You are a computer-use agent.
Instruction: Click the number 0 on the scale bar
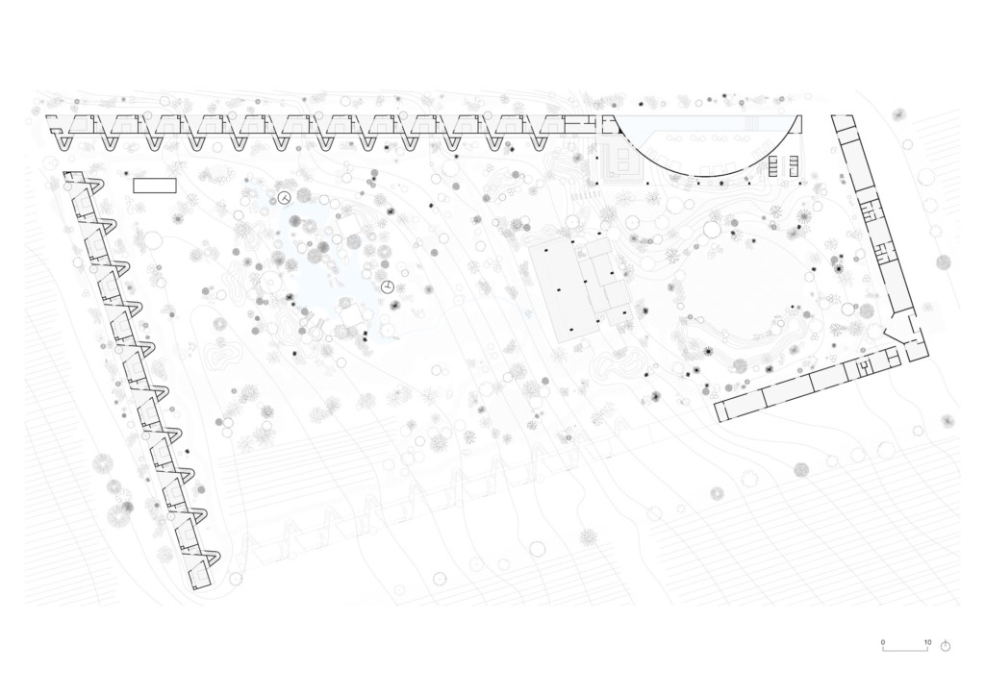(883, 642)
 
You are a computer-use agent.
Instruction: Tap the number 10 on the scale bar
(927, 642)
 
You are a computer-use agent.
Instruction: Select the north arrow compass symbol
(946, 645)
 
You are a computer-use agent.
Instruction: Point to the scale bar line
(905, 649)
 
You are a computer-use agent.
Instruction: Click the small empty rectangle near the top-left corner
(155, 186)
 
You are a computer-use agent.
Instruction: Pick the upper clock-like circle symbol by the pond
(285, 198)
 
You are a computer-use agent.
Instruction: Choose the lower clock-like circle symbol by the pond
(387, 287)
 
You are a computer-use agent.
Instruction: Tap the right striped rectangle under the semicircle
(794, 165)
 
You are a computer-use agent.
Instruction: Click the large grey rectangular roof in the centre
(561, 292)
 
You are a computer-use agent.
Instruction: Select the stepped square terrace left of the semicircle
(620, 162)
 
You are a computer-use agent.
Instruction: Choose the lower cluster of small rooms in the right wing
(883, 252)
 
